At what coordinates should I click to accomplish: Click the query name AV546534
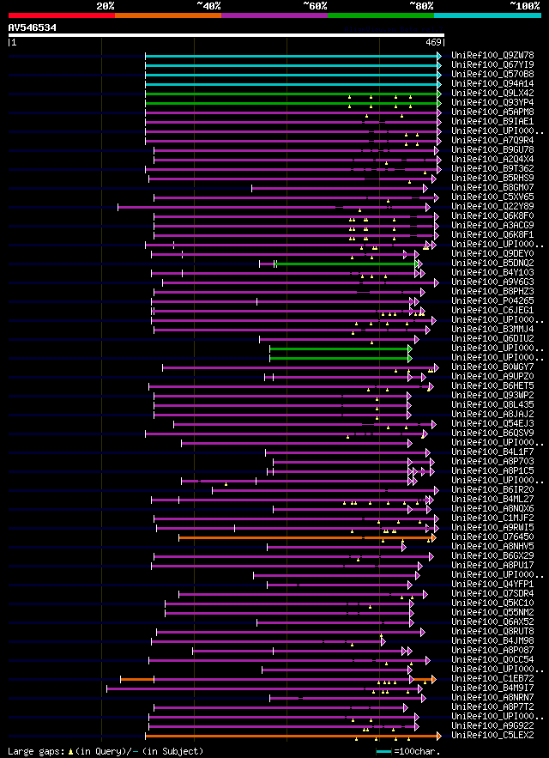point(33,27)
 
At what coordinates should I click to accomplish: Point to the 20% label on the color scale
point(106,5)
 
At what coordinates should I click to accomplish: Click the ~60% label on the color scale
point(315,5)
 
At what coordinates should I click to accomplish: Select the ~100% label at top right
point(524,5)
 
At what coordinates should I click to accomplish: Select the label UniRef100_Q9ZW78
point(492,55)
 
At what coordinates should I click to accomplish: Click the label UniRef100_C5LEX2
point(492,735)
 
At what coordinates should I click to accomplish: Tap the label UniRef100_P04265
point(492,300)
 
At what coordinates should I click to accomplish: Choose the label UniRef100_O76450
point(492,537)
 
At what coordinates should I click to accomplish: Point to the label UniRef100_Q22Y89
point(492,206)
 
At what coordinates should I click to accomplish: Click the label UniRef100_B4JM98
point(492,640)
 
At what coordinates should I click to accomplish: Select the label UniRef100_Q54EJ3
point(492,423)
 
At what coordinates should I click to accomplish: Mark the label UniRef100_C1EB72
point(492,678)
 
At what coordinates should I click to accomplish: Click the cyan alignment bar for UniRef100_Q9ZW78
point(292,56)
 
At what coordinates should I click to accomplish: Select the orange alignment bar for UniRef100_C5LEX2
point(292,736)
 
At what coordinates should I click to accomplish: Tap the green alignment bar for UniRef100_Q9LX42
point(292,94)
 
